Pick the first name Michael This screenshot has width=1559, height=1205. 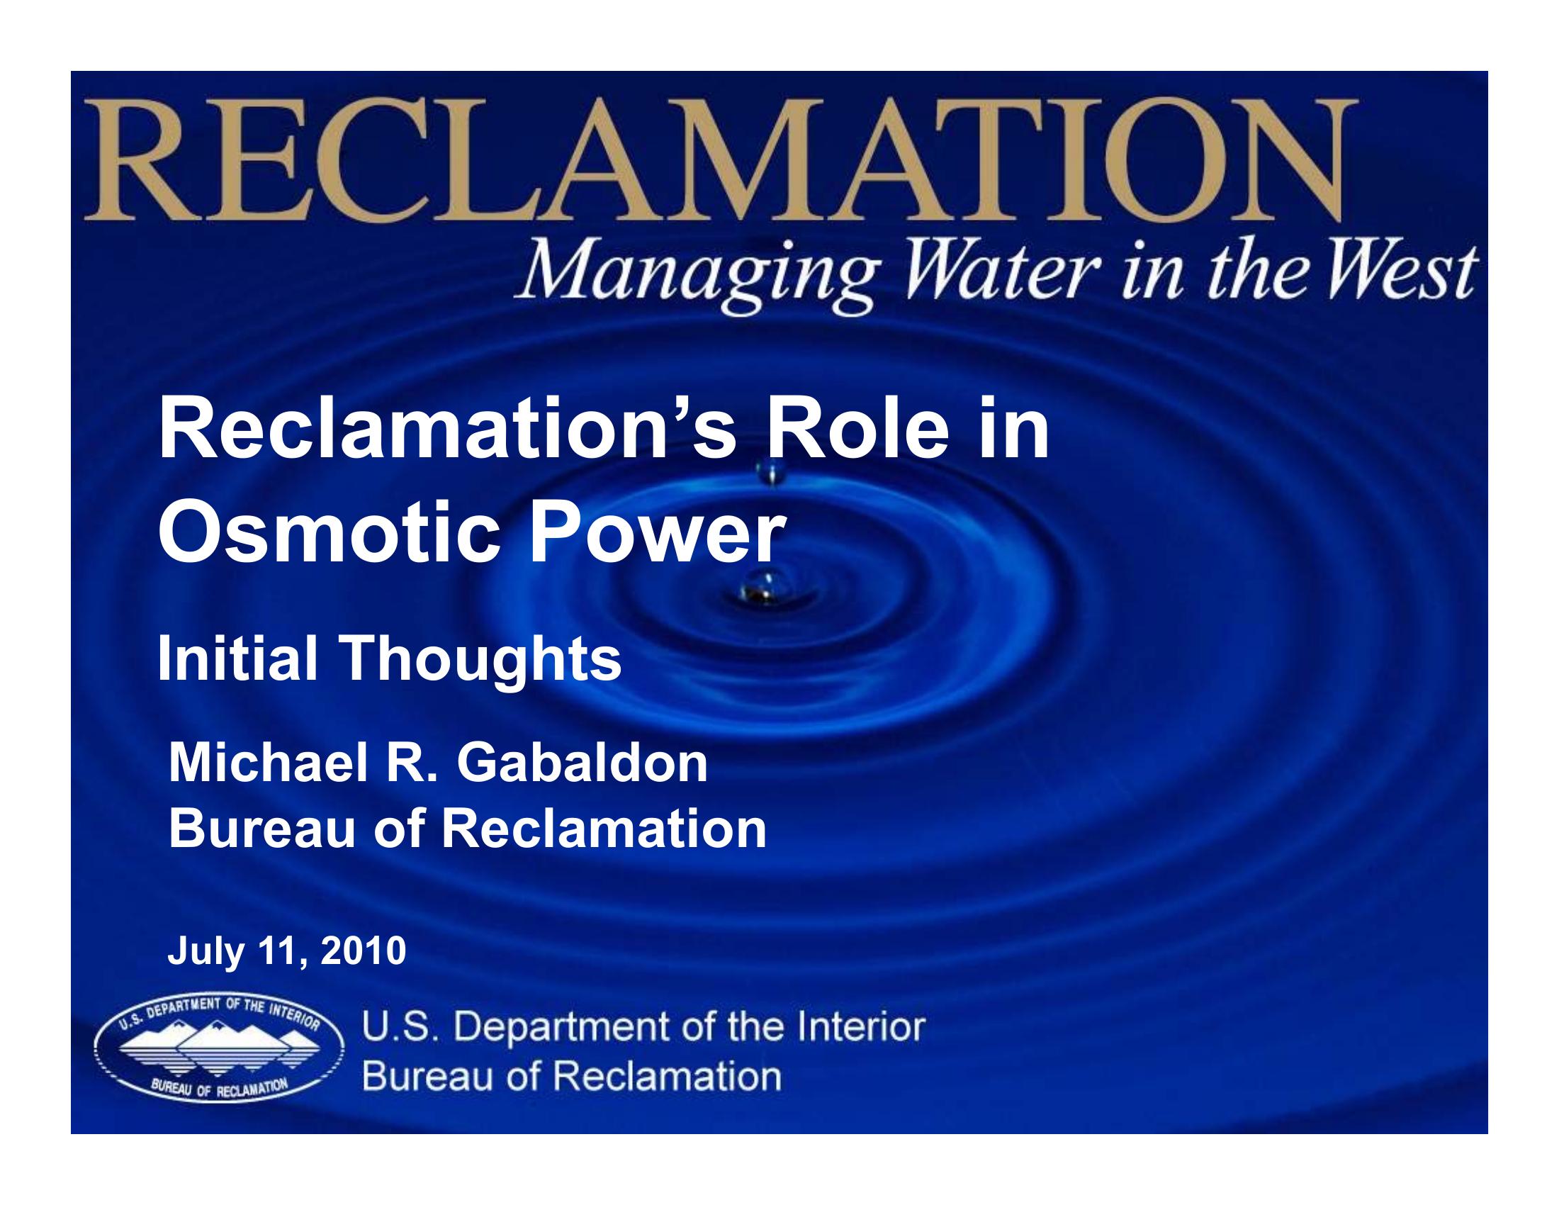(269, 763)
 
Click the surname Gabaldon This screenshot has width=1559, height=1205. (582, 763)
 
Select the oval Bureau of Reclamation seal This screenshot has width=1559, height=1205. (218, 1047)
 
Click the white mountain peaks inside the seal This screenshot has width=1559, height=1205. (218, 1038)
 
